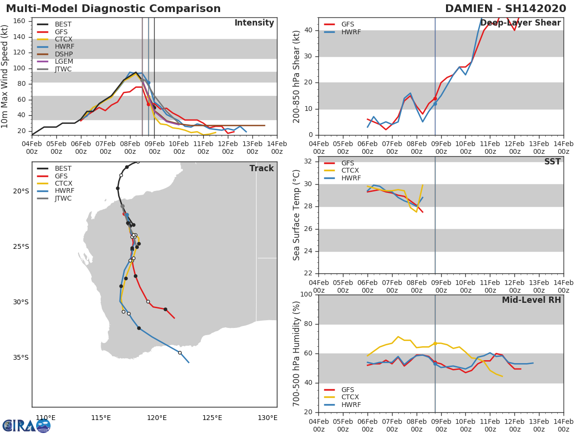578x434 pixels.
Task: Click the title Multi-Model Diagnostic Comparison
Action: [x=113, y=9]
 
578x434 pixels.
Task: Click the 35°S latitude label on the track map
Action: [x=21, y=358]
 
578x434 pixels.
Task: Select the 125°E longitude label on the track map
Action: [x=212, y=418]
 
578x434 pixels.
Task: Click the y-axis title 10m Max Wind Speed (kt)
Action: [x=5, y=76]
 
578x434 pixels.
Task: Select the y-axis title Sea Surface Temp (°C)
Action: [x=297, y=215]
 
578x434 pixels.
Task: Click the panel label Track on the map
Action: [x=262, y=168]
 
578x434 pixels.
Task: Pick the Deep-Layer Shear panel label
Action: [x=520, y=23]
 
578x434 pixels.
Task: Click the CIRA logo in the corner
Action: [x=26, y=425]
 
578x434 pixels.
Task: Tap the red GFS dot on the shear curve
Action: [x=435, y=99]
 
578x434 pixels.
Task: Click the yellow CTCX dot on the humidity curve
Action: [x=435, y=343]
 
